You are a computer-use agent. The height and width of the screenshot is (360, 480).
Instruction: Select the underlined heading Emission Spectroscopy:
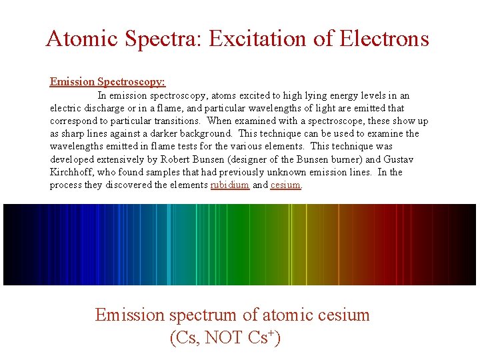(107, 82)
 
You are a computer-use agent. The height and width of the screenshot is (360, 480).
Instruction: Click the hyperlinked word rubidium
(230, 185)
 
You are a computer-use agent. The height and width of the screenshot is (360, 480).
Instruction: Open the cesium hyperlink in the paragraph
(286, 185)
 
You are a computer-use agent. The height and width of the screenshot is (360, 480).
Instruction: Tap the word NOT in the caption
(225, 338)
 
